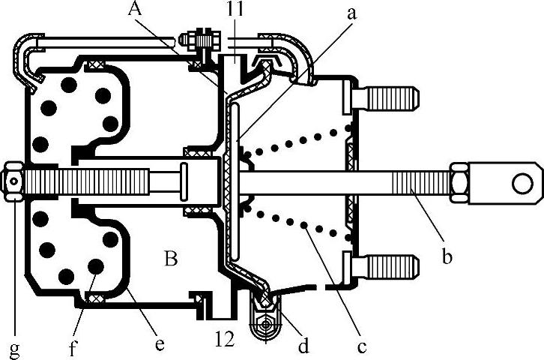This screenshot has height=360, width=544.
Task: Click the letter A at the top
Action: pos(135,10)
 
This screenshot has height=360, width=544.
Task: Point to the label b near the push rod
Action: pos(448,259)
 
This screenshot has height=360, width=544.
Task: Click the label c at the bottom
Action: pos(361,346)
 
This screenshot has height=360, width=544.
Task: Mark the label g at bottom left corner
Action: pos(14,348)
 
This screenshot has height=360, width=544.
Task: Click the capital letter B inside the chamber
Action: pos(170,260)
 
